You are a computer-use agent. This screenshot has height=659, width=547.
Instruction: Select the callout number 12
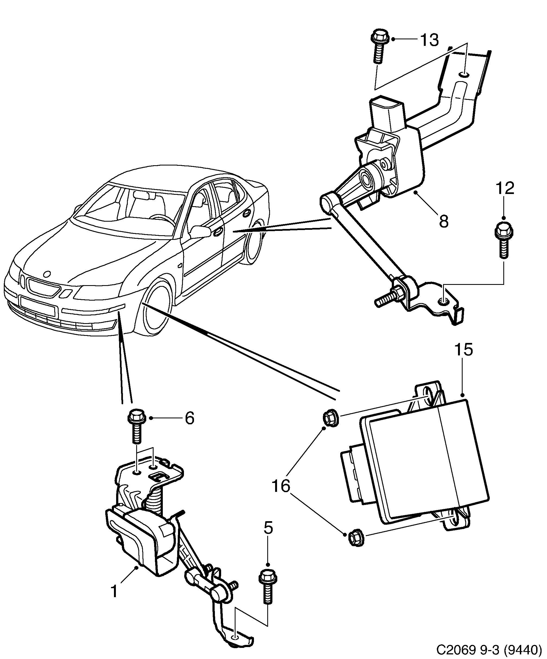coord(505,188)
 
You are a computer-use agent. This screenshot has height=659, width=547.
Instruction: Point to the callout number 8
coord(443,221)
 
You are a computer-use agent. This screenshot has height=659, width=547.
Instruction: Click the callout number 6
coord(190,418)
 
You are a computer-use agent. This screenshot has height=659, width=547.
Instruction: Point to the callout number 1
coord(114,591)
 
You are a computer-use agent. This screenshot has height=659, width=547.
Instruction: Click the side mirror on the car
coord(201,232)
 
